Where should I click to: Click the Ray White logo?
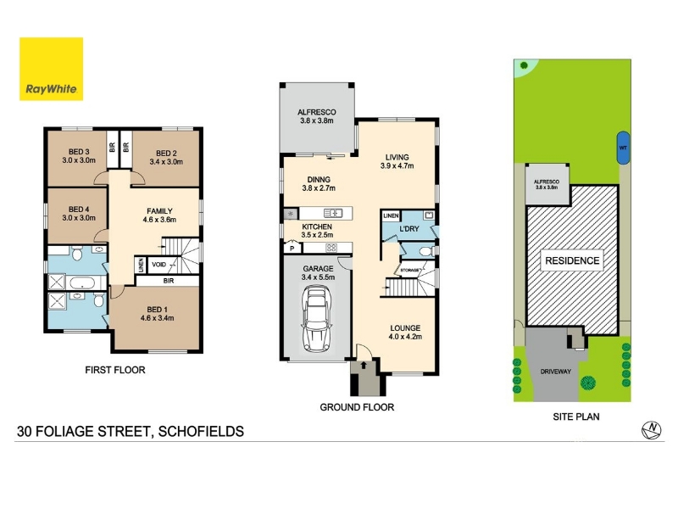click(51, 69)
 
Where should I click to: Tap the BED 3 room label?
click(79, 152)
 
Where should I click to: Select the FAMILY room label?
click(159, 211)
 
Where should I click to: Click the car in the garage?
click(317, 320)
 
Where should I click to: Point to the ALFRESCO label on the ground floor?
click(316, 112)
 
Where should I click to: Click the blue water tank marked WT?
click(623, 148)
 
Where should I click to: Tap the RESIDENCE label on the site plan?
click(572, 260)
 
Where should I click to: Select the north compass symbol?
click(651, 430)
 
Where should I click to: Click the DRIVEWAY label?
click(556, 372)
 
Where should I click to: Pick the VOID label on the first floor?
click(158, 265)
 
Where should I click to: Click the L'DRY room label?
click(409, 228)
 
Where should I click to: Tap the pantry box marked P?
click(292, 248)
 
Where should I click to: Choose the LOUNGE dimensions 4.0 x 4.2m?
click(405, 337)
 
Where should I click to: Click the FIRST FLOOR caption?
click(115, 370)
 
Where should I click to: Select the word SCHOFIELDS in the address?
click(201, 432)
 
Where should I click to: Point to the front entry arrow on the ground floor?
click(364, 365)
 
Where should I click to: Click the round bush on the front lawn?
click(587, 383)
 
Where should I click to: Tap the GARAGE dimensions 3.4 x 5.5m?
click(318, 277)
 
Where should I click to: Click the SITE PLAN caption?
click(576, 417)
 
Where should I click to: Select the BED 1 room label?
click(157, 310)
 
